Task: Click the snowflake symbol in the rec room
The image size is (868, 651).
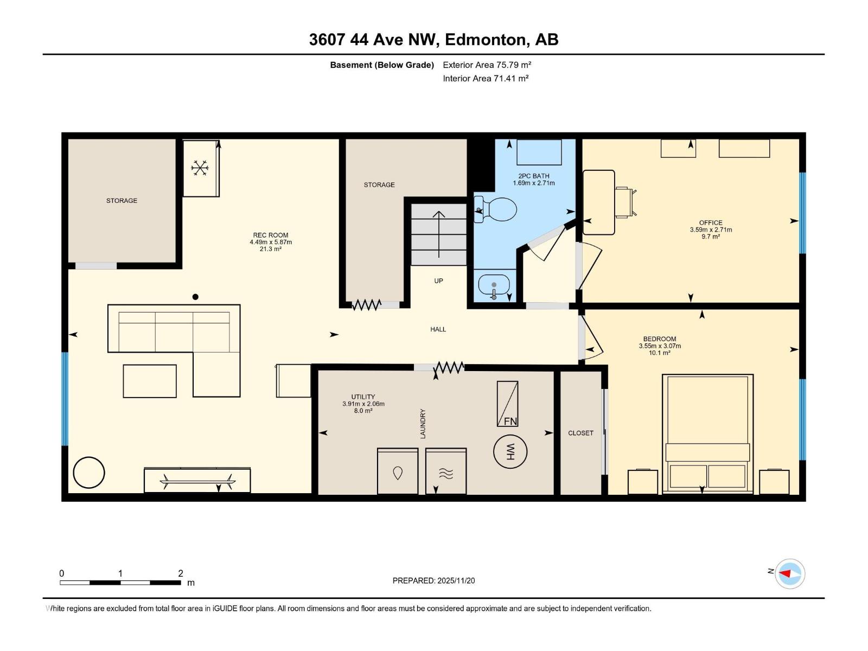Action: pos(200,168)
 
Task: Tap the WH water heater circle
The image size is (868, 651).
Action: pos(510,451)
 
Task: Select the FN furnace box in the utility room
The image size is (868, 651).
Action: pos(508,404)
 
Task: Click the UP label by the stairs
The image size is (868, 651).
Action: pos(438,281)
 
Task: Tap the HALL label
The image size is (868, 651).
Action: pos(438,329)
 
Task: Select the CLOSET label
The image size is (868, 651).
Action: pos(580,433)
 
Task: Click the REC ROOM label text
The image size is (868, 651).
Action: pos(270,235)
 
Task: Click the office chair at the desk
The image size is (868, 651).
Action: pos(626,202)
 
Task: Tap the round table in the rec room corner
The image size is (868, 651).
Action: pos(88,473)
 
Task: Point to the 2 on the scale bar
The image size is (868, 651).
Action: pos(181,573)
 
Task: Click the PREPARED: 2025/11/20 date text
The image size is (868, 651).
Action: pos(433,580)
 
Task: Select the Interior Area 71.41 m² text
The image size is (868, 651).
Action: pos(486,79)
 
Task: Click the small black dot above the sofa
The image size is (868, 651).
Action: pos(195,297)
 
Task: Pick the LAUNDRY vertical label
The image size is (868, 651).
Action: pos(423,424)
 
